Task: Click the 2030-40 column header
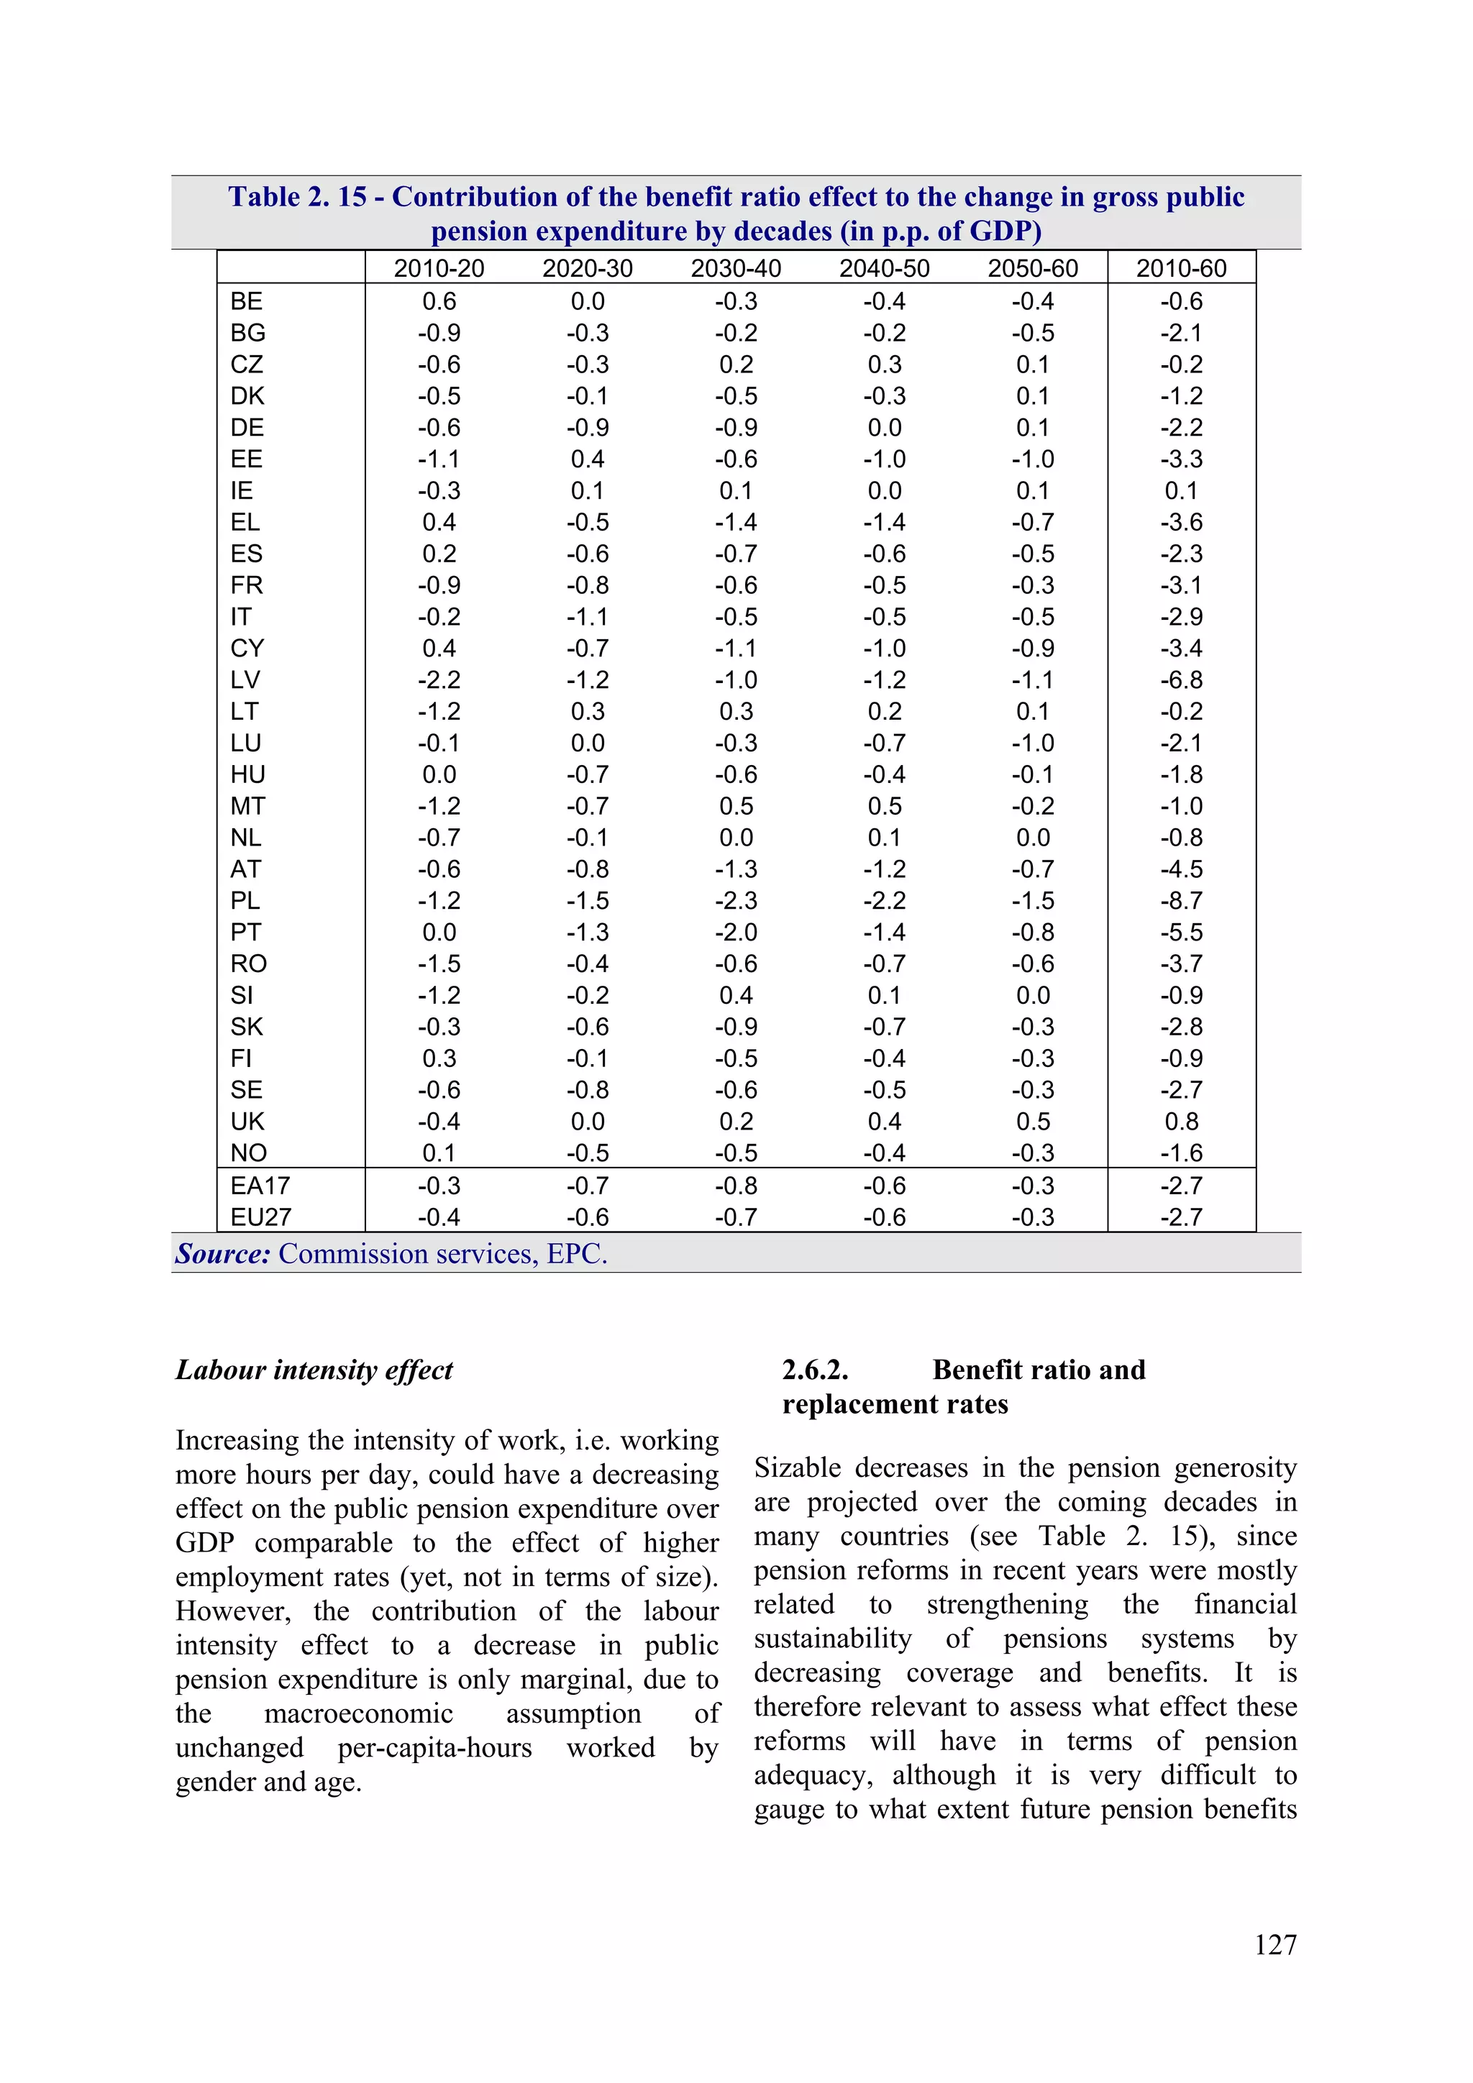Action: click(735, 268)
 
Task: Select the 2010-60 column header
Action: click(1181, 268)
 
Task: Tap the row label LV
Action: click(245, 679)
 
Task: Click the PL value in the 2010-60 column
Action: click(1181, 901)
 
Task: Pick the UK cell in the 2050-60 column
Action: click(1033, 1122)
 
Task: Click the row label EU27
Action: click(260, 1217)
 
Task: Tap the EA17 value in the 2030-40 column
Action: click(735, 1186)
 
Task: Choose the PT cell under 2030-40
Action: click(735, 933)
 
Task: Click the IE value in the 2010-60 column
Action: click(1181, 491)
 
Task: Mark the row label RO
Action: click(249, 963)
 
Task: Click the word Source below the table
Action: click(222, 1254)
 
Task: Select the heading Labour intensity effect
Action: click(314, 1370)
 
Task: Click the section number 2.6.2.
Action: click(815, 1370)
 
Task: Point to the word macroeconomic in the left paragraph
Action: click(357, 1713)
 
